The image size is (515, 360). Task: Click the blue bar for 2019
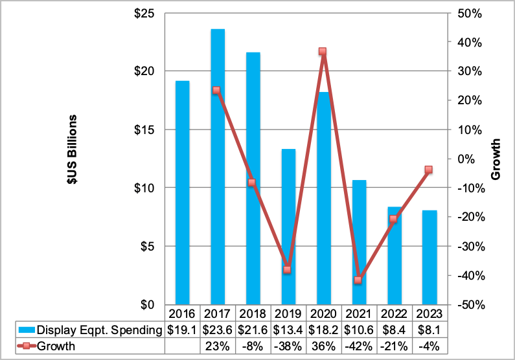coord(288,227)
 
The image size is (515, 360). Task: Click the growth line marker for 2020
coord(322,52)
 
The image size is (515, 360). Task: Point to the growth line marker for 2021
coord(358,280)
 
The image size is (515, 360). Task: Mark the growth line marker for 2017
coord(216,91)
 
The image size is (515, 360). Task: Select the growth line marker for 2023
coord(428,170)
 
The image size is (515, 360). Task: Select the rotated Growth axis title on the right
coord(495,159)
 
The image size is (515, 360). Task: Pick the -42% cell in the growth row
coord(358,346)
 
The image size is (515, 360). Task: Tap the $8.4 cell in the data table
coord(393,330)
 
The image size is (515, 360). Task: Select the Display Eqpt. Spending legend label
coord(97,330)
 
